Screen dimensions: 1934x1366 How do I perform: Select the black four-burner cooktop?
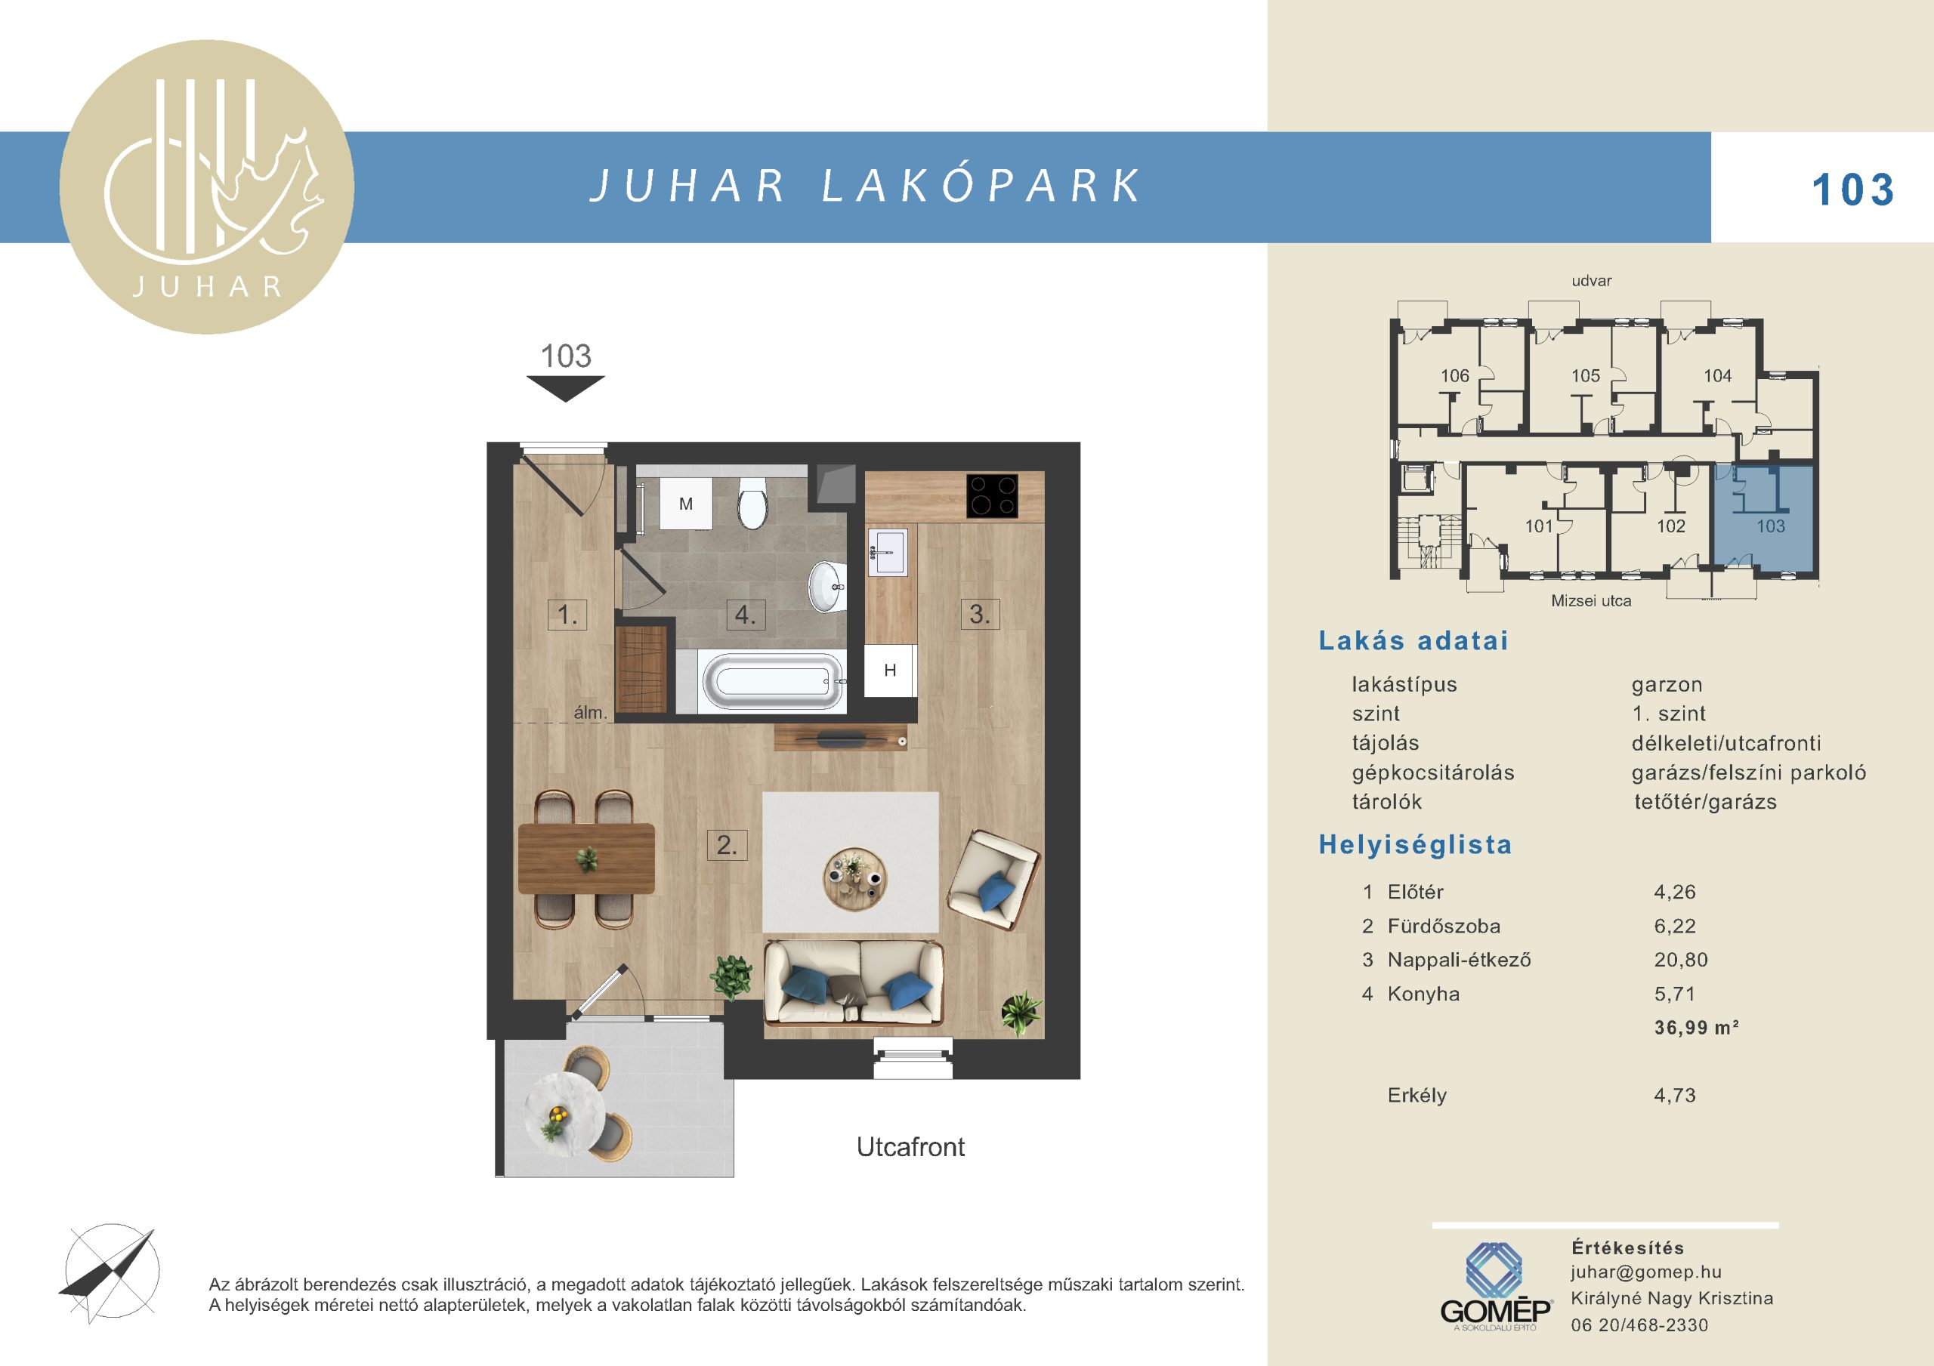point(992,496)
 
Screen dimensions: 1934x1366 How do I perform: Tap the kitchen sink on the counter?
point(888,553)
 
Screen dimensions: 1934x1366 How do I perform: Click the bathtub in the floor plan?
point(772,681)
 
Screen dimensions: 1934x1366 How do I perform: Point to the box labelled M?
point(686,504)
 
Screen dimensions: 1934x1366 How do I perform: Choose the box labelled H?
point(889,671)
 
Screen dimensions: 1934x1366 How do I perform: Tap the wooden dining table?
point(586,858)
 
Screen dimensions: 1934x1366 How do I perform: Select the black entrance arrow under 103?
point(565,388)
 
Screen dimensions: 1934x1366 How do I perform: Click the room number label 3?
point(980,614)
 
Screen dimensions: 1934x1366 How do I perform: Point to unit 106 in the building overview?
point(1455,375)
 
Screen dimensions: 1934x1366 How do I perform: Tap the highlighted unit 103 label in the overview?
point(1771,526)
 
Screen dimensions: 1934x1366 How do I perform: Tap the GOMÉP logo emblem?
point(1494,1270)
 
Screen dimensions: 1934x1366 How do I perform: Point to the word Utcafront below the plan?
point(910,1147)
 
